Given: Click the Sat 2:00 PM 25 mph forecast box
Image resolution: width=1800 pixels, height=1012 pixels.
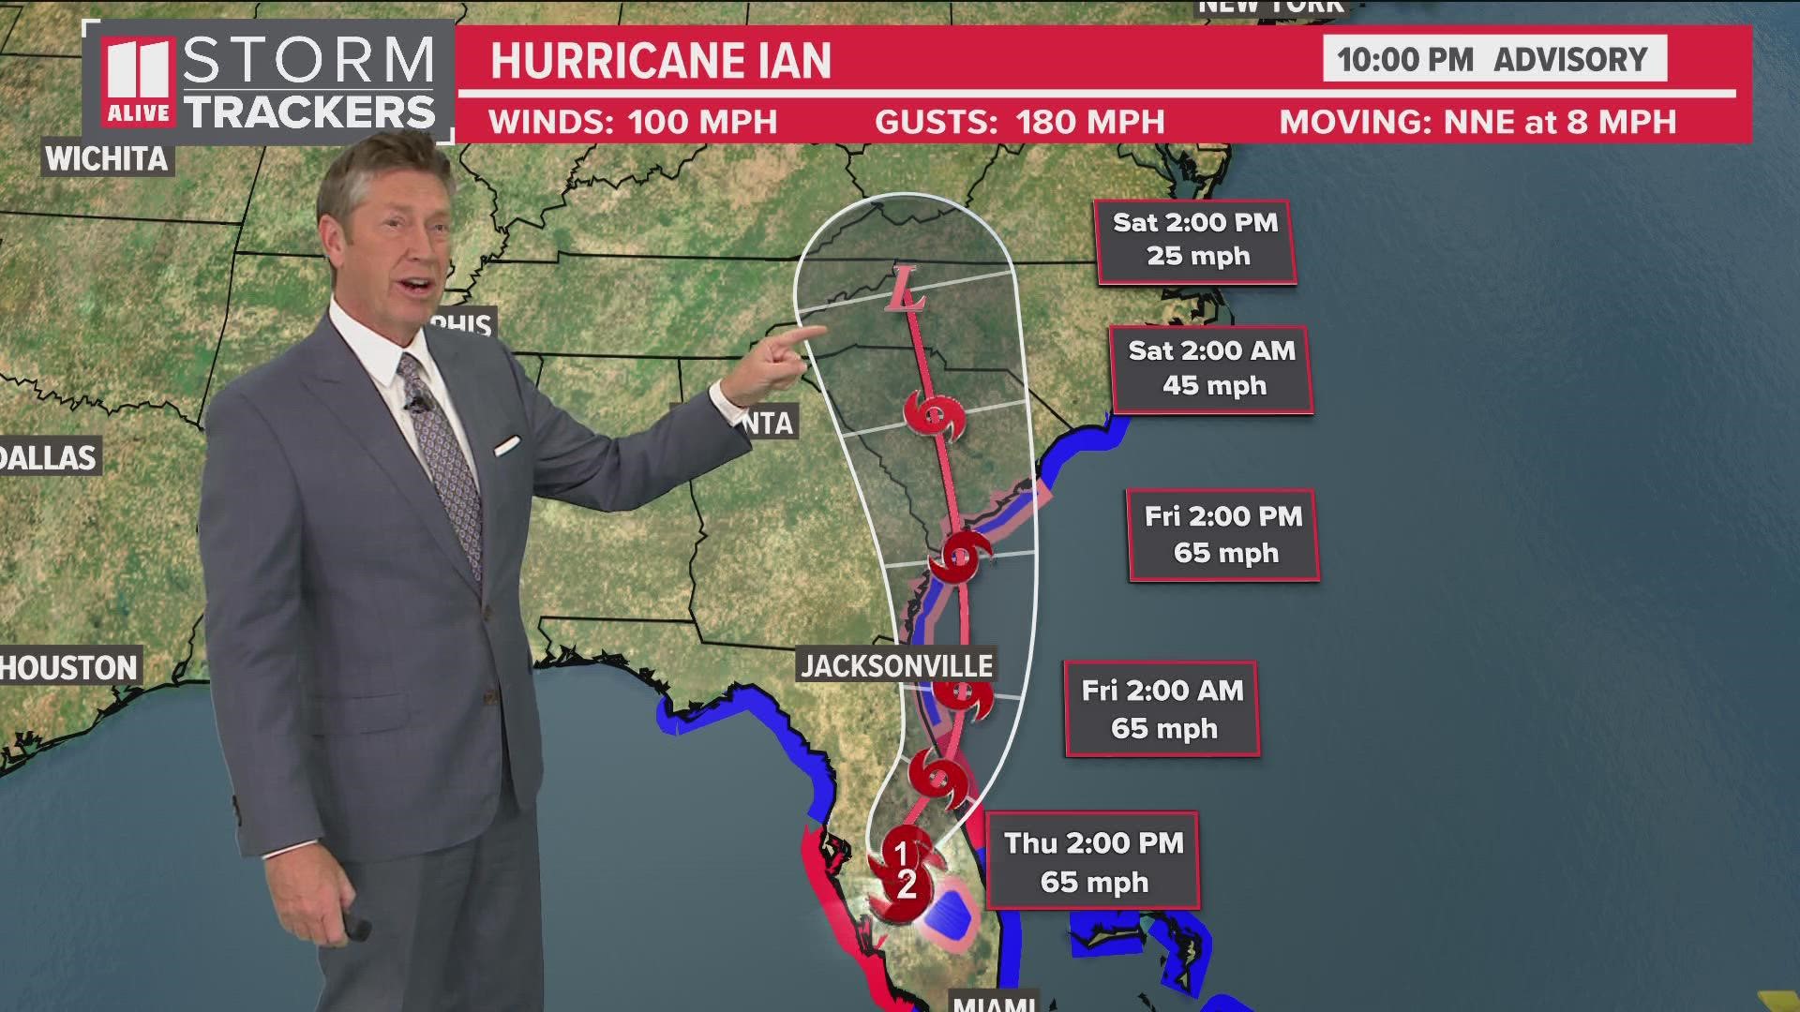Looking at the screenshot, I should coord(1196,241).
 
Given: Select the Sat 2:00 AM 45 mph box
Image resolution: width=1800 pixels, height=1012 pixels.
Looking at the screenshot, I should coord(1211,368).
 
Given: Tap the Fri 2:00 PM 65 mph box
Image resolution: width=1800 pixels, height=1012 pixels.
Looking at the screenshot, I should coord(1223,535).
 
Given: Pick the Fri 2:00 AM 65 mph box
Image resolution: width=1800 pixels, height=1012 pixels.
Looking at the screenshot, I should coord(1162,709).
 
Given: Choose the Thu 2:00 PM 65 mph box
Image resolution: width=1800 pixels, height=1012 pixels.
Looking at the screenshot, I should coord(1093,862).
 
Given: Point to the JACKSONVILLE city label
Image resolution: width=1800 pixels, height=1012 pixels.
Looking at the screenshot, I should coord(896,665).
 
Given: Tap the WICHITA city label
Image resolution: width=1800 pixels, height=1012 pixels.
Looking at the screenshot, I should coord(106,158).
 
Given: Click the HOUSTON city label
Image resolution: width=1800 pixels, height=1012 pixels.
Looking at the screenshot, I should coord(69,667).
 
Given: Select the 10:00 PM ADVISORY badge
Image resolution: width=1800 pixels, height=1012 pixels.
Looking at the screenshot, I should coord(1493,59).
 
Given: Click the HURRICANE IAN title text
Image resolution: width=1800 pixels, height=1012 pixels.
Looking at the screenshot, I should coord(661,61).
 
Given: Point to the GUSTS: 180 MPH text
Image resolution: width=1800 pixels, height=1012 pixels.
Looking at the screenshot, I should coord(1019,122).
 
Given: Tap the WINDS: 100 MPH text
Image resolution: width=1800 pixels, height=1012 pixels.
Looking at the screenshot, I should coord(633,122).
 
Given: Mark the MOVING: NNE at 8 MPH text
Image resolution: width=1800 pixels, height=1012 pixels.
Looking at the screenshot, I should coord(1477,122).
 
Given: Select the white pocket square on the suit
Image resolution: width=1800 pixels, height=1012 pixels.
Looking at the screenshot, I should coord(507,444).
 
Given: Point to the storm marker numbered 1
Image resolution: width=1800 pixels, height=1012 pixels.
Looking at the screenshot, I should coord(901,851).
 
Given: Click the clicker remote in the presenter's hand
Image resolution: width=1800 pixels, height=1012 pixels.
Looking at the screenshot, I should coord(356,926).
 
